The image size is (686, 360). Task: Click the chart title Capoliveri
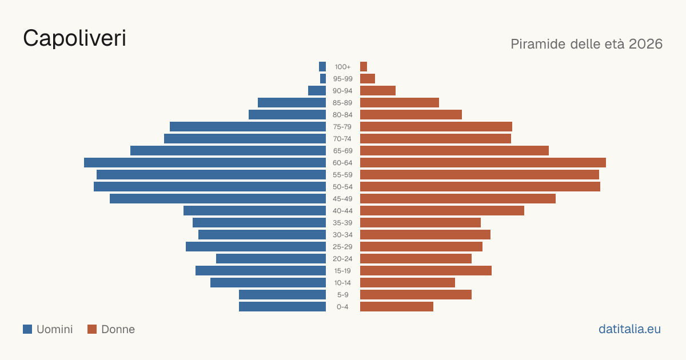tap(74, 38)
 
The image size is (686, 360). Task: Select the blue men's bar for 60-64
tap(205, 162)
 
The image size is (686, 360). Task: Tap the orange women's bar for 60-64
tap(483, 162)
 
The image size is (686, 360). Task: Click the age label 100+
tap(342, 67)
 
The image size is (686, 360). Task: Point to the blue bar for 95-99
tap(323, 79)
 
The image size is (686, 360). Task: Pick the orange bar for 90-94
tap(378, 91)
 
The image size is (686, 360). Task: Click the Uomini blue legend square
tap(27, 329)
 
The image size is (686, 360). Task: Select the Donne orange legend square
tap(92, 329)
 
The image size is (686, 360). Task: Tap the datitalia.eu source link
tap(629, 329)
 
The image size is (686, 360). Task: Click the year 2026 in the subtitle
tap(645, 44)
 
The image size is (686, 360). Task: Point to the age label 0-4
tap(342, 307)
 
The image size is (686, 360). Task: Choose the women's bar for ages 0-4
tap(397, 307)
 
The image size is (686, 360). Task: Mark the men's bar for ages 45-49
tap(218, 199)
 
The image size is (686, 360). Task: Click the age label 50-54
tap(342, 187)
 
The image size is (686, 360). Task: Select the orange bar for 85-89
tap(400, 102)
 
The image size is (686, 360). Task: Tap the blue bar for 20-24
tap(271, 259)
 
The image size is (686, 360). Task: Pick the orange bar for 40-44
tap(442, 211)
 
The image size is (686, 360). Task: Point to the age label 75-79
tap(342, 127)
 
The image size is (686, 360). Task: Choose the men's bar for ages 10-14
tap(268, 282)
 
